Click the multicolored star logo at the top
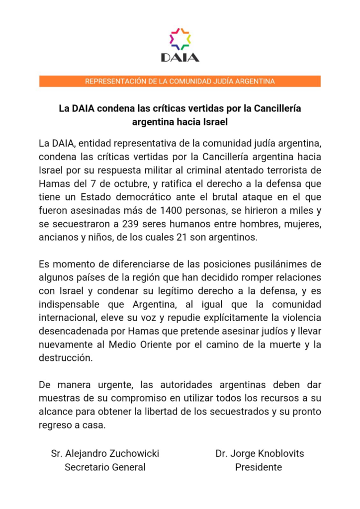[x=180, y=39]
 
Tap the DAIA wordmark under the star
[x=180, y=57]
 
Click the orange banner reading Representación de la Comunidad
[x=180, y=81]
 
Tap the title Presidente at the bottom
[x=258, y=467]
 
